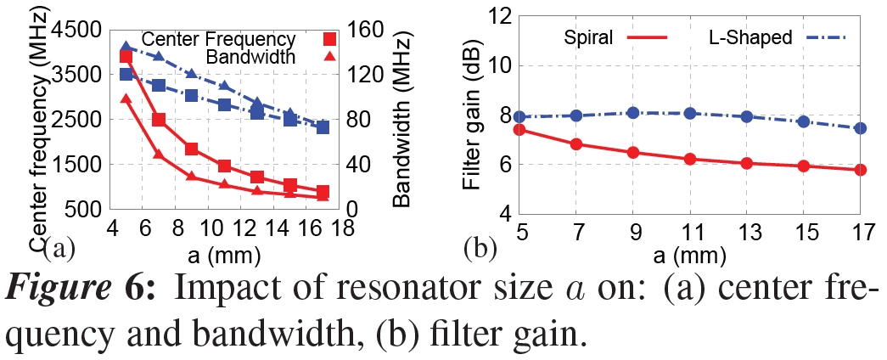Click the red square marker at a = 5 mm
[126, 56]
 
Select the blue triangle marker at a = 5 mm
[126, 47]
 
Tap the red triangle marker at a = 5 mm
[126, 99]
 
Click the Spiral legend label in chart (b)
[588, 37]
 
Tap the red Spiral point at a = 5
[521, 130]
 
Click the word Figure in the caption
[76, 290]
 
